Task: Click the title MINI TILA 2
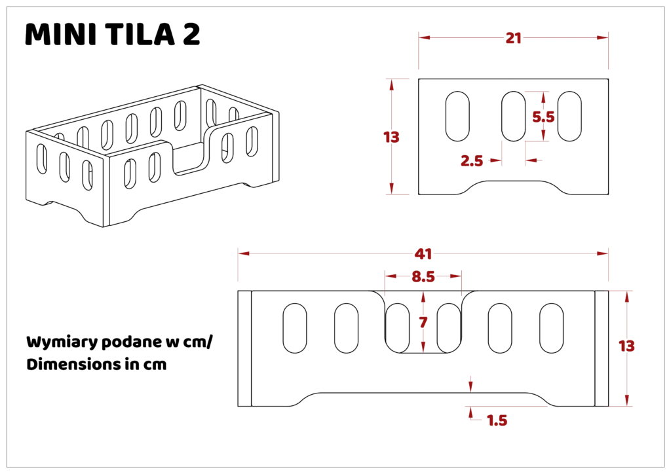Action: click(x=113, y=34)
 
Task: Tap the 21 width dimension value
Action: click(x=514, y=38)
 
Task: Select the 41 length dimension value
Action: click(x=423, y=254)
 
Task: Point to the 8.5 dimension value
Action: click(x=423, y=277)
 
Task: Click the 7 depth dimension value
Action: click(x=423, y=322)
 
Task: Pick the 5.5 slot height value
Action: click(x=543, y=117)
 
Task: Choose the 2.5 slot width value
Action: click(x=472, y=160)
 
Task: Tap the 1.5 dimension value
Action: click(x=497, y=420)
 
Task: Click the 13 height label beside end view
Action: click(x=391, y=137)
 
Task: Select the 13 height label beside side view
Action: click(x=626, y=346)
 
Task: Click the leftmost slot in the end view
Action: click(x=457, y=117)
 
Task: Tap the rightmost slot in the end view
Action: click(x=569, y=117)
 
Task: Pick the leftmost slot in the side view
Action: click(x=295, y=328)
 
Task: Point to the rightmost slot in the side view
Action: click(x=551, y=328)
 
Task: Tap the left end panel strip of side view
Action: click(x=245, y=348)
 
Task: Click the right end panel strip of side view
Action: click(x=602, y=348)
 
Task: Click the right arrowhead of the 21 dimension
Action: click(x=603, y=37)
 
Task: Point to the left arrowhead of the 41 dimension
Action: click(x=244, y=253)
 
